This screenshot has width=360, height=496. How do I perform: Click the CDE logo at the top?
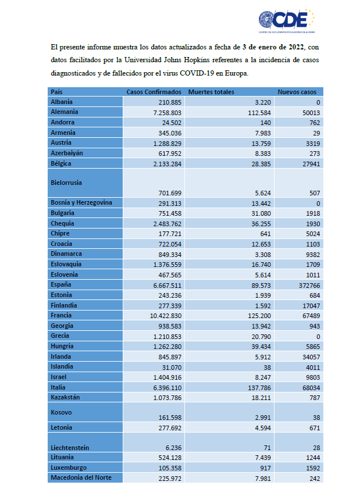[287, 20]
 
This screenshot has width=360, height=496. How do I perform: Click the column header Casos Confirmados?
[154, 92]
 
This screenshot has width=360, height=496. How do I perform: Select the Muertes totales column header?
[211, 92]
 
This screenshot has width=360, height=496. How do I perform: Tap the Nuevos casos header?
[297, 92]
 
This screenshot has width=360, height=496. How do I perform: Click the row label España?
[61, 284]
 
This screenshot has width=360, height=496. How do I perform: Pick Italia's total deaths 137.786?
[259, 388]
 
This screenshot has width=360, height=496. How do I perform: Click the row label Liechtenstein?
[70, 448]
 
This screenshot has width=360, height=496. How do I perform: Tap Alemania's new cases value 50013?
[311, 113]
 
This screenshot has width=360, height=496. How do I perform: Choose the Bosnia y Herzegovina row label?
[81, 202]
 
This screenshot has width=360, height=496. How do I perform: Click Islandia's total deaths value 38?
[268, 367]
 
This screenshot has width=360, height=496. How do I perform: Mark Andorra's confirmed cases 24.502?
[170, 123]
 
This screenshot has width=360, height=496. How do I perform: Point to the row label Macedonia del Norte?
[81, 477]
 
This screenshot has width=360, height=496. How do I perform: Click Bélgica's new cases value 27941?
[311, 164]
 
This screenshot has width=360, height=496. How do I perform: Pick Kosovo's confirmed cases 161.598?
[170, 418]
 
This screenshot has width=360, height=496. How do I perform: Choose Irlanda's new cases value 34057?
[311, 357]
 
